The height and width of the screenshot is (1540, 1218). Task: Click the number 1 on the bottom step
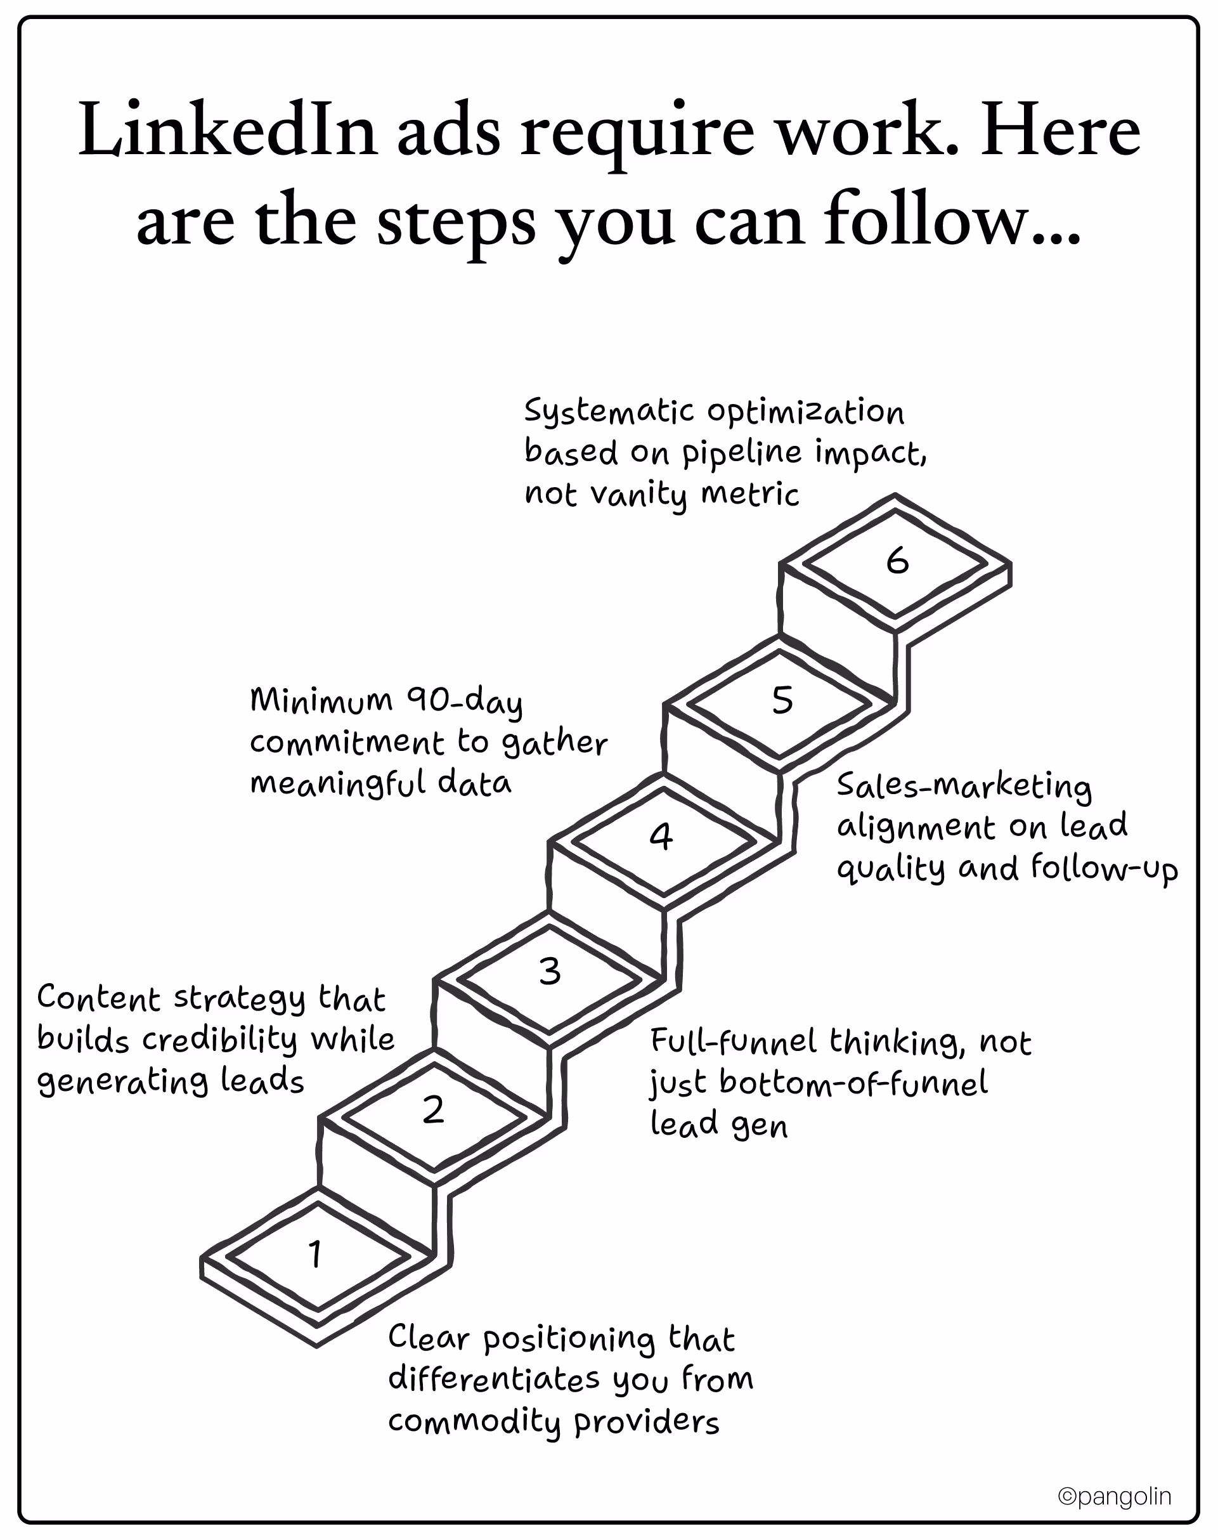(315, 1254)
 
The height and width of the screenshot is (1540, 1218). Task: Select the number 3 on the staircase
(550, 972)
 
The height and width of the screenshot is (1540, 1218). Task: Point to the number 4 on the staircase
(661, 836)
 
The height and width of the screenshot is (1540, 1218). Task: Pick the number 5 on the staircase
(782, 700)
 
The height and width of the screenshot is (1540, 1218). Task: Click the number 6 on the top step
(897, 561)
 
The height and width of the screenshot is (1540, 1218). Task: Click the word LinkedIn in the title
(227, 132)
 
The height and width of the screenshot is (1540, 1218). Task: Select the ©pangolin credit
(1114, 1496)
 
